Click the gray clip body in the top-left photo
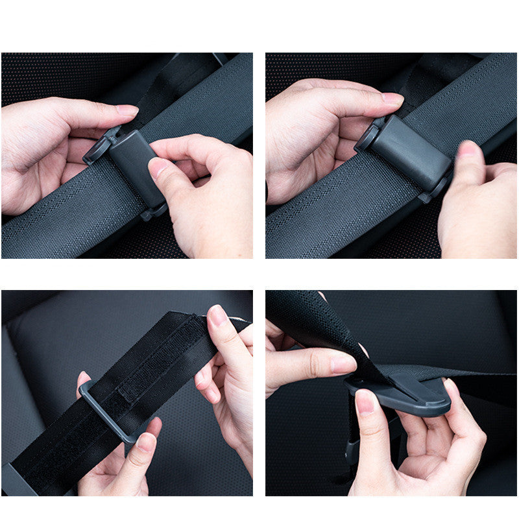[133, 162]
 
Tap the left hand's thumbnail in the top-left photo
[127, 110]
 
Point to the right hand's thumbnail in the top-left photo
[158, 168]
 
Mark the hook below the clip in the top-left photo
[153, 211]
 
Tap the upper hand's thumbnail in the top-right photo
[392, 99]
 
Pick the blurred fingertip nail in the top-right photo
[468, 151]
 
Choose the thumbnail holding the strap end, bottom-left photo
[217, 315]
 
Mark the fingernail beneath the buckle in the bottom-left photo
[145, 442]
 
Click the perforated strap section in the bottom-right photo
[298, 311]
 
